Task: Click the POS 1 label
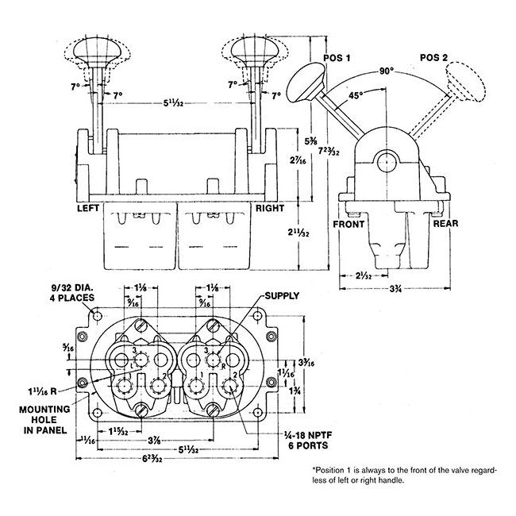coord(337,60)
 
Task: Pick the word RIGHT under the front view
coord(270,208)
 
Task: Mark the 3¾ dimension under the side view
coord(394,291)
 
